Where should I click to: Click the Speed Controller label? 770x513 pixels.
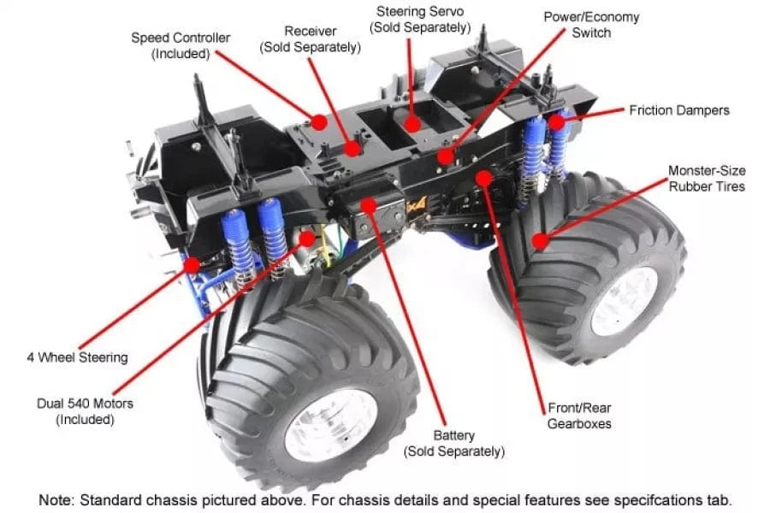[181, 45]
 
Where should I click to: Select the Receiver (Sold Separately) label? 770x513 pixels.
[310, 39]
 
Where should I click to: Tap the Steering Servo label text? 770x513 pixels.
[419, 20]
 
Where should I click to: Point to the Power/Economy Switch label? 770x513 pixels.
[591, 25]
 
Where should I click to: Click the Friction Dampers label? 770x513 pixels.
[679, 110]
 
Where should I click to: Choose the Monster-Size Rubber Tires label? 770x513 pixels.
[707, 178]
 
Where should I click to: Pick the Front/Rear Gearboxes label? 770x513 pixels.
[581, 416]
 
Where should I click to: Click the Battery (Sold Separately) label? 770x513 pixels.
[454, 443]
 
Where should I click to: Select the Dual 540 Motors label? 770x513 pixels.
[75, 410]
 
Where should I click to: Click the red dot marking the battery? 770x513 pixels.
[369, 205]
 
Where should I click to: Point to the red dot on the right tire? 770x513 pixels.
[539, 241]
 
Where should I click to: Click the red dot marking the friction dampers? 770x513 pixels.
[557, 123]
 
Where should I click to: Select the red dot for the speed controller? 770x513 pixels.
[319, 122]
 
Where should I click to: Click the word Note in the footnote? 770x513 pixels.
[56, 499]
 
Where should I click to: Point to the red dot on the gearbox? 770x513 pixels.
[483, 179]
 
